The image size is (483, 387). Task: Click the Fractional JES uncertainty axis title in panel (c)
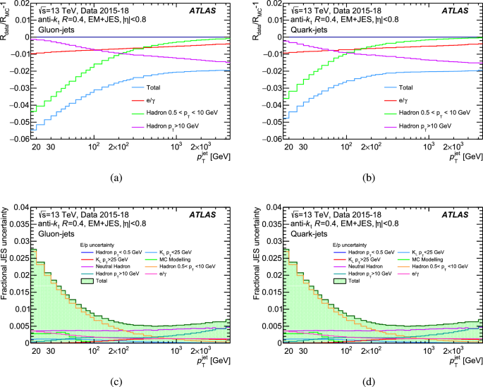(x=6, y=275)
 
